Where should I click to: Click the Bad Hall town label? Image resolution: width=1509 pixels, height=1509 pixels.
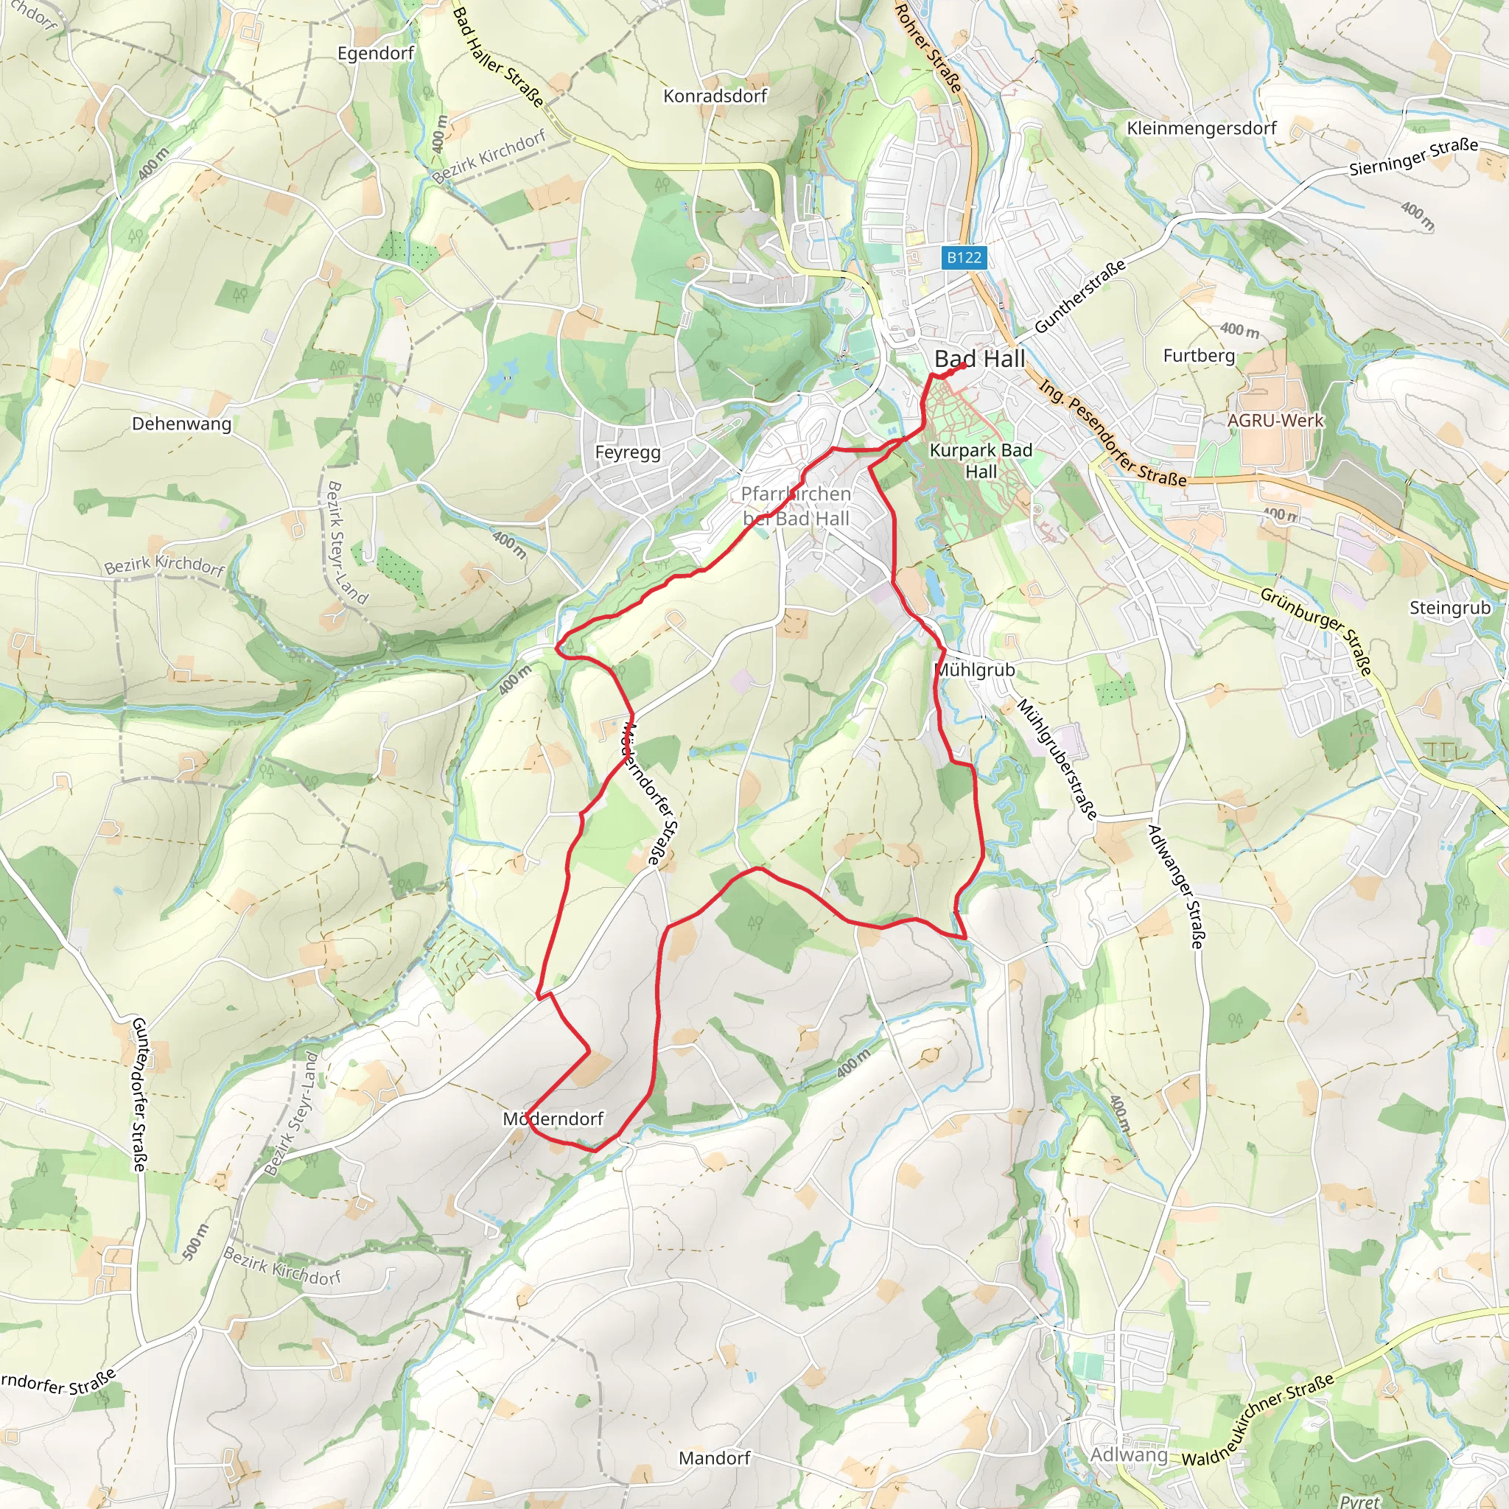[979, 360]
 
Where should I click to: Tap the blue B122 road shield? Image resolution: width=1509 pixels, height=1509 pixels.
[964, 258]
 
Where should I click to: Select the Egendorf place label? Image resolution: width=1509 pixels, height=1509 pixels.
[376, 53]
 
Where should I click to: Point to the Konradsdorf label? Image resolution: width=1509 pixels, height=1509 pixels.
[715, 96]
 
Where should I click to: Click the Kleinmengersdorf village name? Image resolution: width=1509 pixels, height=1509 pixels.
[1201, 128]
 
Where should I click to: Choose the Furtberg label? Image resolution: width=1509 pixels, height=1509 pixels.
[1199, 356]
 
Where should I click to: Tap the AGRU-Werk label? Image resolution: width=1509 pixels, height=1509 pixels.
[1275, 420]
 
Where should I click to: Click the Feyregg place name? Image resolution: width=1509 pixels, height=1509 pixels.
[627, 453]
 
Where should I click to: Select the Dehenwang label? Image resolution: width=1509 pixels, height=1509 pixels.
[181, 424]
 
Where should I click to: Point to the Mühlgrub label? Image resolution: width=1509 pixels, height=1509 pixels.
[976, 671]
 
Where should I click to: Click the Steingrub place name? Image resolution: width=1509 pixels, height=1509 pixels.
[1449, 608]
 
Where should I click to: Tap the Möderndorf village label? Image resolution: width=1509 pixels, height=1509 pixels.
[553, 1119]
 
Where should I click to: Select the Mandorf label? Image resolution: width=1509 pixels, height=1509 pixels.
[714, 1458]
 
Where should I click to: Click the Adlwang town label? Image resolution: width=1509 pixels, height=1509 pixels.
[1129, 1455]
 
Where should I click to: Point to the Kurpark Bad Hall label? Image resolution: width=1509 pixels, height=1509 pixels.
[981, 461]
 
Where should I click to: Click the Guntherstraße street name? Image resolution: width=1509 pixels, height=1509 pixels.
[1080, 296]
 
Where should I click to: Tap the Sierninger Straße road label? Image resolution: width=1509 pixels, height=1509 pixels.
[1414, 155]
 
